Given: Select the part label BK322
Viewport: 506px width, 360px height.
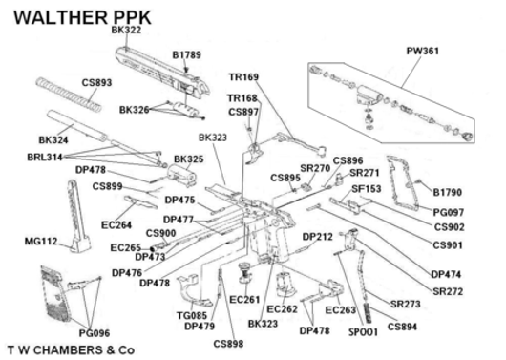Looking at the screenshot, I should click(x=127, y=31).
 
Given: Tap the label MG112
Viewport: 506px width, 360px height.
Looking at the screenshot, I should click(x=41, y=242).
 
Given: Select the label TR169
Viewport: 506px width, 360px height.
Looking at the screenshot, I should click(x=242, y=77).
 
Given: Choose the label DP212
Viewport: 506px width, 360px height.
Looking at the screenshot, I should click(x=318, y=236).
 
